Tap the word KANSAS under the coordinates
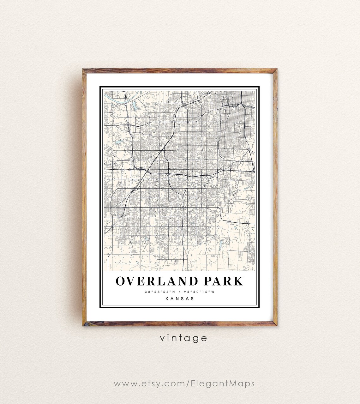180,298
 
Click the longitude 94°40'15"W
200,292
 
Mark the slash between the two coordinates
179,292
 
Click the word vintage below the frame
183,338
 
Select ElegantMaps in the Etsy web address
223,383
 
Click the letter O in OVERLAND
121,281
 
